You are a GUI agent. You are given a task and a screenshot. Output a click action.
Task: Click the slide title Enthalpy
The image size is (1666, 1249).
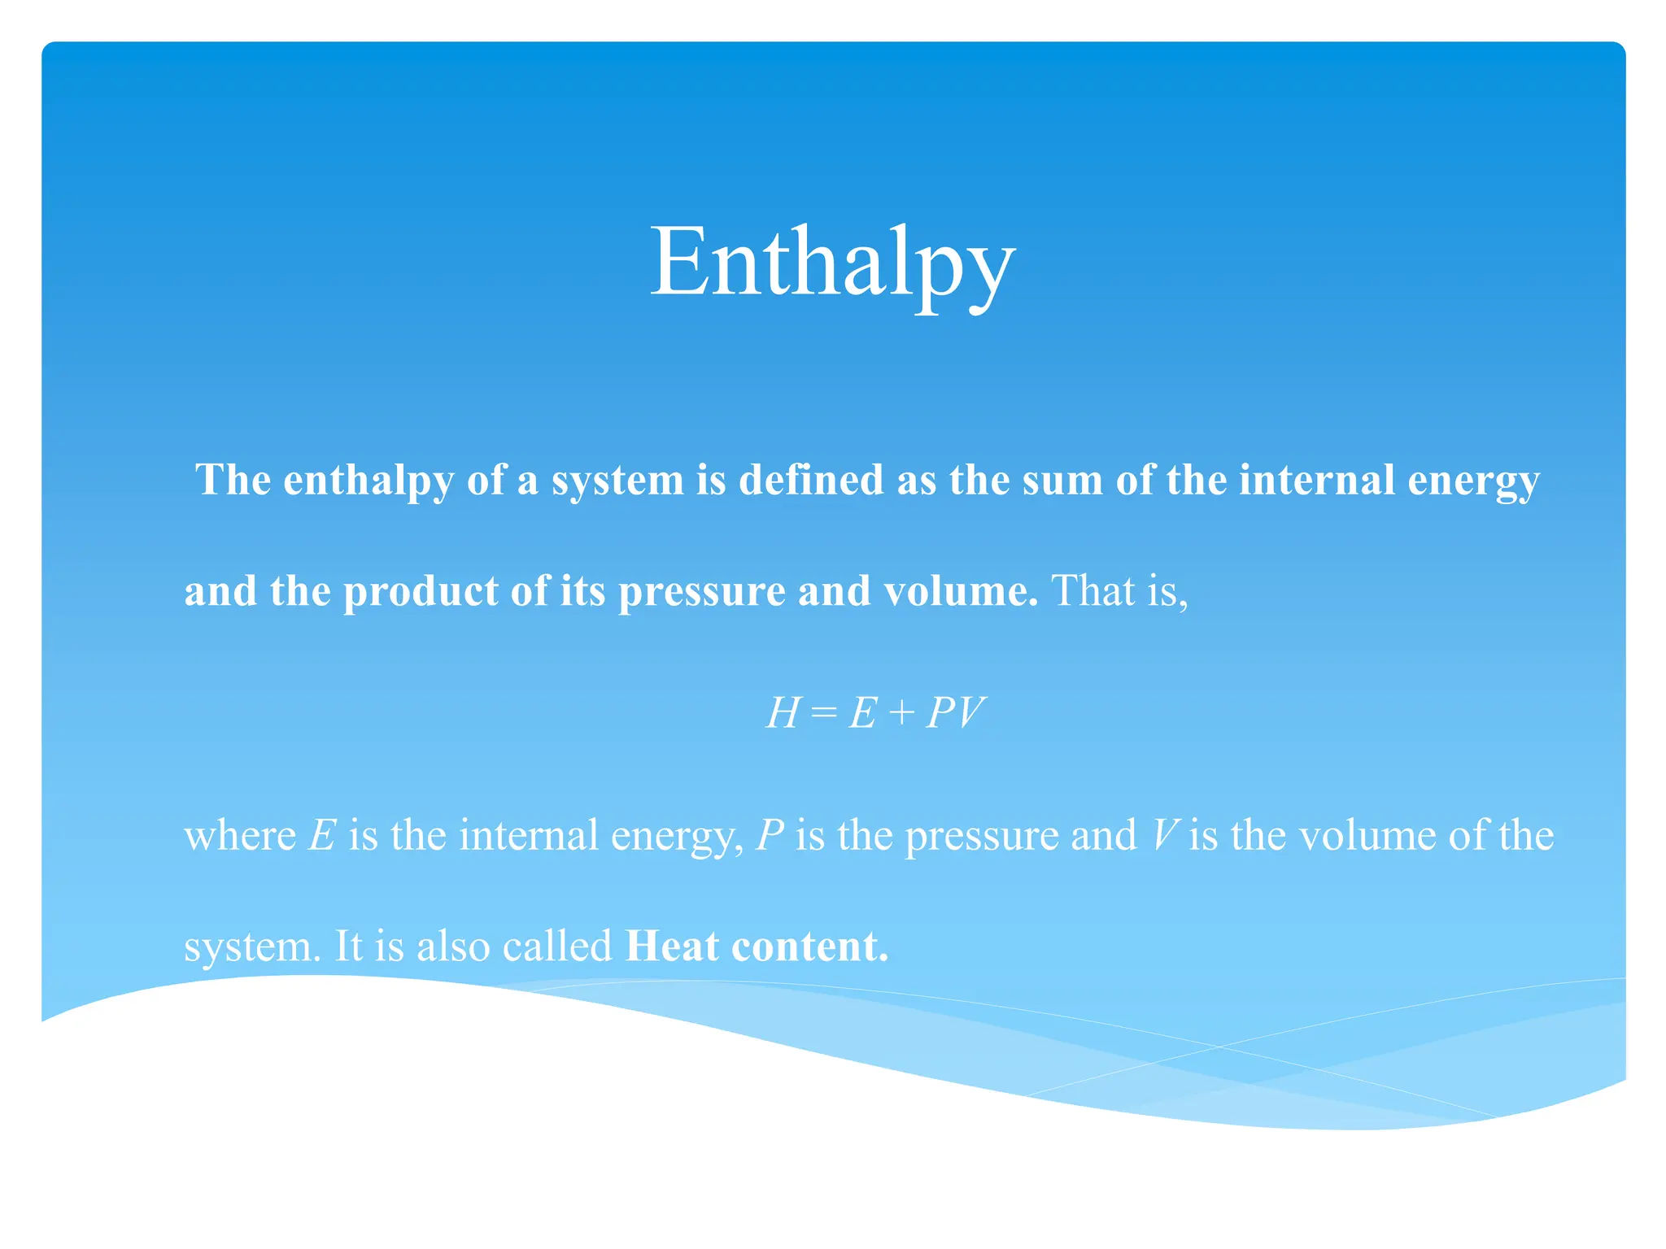point(832,263)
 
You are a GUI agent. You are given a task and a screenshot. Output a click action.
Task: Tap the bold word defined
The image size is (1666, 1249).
point(810,480)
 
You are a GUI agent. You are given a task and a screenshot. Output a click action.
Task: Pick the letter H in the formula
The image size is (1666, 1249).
point(783,713)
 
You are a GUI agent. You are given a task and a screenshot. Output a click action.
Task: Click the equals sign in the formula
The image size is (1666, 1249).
point(823,714)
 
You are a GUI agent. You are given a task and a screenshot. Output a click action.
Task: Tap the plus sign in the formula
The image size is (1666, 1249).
point(901,714)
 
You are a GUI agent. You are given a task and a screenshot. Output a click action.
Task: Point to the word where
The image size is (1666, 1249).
point(240,836)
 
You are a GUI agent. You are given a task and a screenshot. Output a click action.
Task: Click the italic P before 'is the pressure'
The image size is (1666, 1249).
point(770,836)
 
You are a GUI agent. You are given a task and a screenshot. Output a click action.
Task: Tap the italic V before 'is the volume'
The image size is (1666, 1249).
point(1165,836)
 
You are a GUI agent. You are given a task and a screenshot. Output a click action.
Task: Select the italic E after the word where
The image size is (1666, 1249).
point(322,836)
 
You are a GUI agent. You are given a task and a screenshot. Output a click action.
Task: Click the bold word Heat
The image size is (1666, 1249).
point(672,947)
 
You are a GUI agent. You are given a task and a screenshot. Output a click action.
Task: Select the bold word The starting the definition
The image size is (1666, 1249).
point(233,480)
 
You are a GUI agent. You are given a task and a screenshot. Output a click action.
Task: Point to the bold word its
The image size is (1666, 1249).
point(582,592)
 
